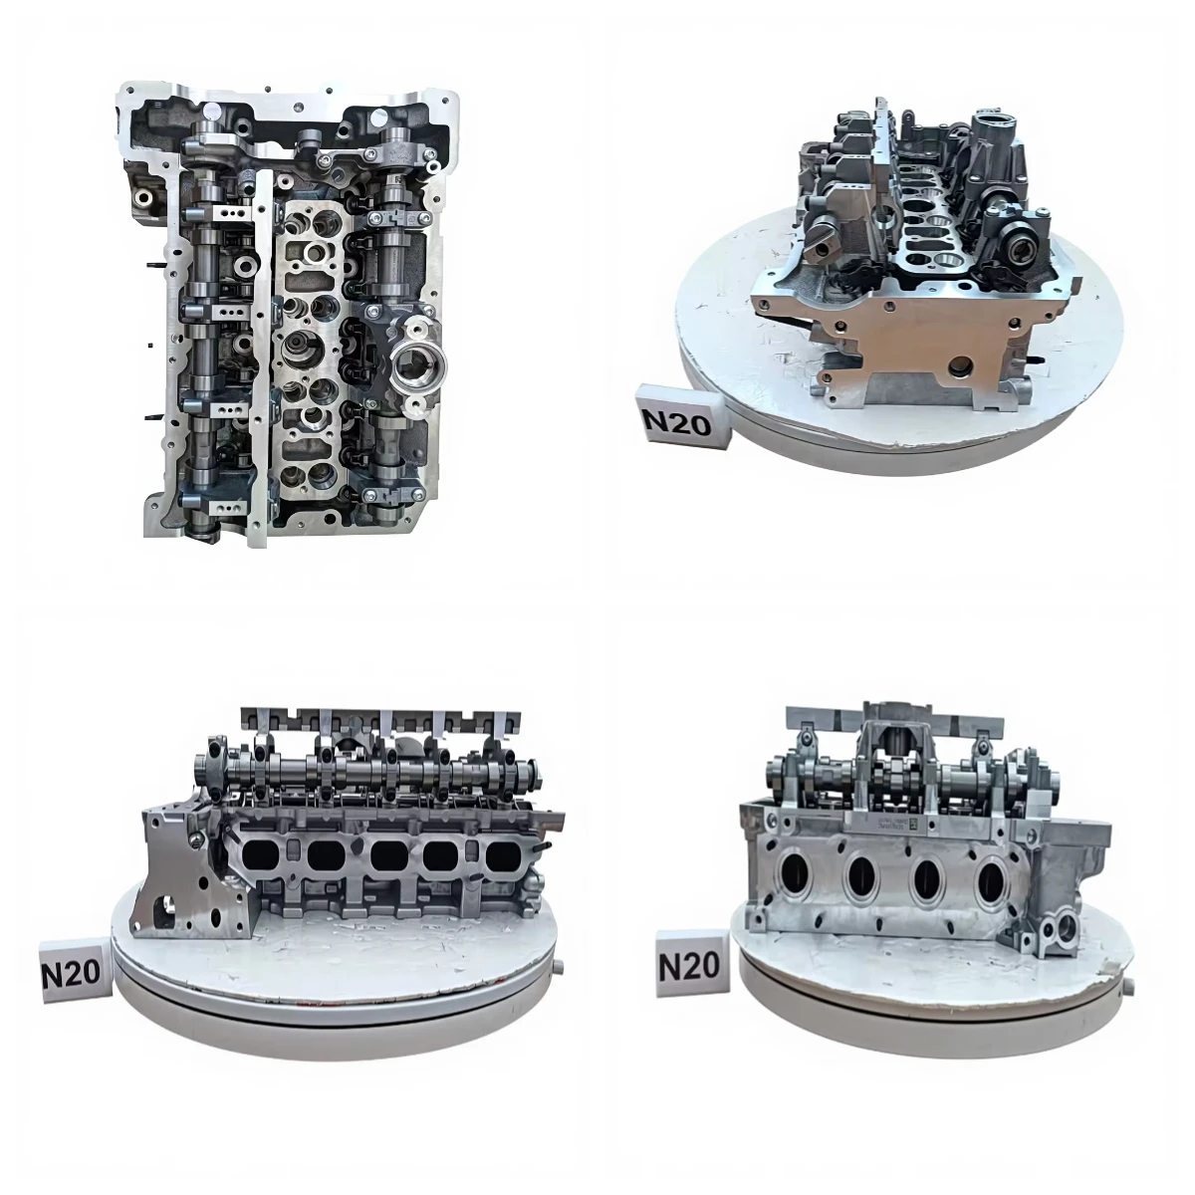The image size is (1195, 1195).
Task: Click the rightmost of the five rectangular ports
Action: pyautogui.click(x=505, y=854)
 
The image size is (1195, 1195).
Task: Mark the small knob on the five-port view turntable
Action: pyautogui.click(x=561, y=966)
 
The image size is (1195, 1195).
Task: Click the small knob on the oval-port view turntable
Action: pyautogui.click(x=1133, y=989)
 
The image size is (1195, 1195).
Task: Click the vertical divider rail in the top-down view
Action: pyautogui.click(x=263, y=349)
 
